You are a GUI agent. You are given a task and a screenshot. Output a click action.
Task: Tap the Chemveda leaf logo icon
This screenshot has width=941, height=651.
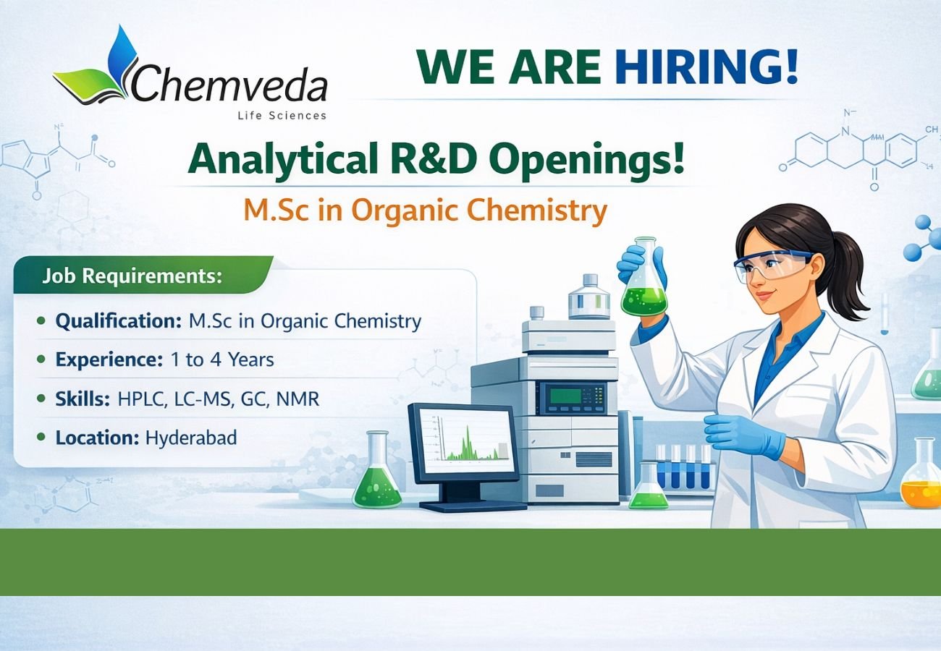[98, 69]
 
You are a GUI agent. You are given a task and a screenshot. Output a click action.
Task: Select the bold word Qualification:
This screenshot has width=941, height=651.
[118, 320]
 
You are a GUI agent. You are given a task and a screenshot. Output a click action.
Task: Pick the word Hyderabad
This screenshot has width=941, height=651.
[191, 438]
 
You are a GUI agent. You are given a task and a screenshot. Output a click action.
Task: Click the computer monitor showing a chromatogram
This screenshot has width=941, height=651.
[464, 442]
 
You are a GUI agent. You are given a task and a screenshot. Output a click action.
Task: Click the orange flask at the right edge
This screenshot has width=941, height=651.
[920, 477]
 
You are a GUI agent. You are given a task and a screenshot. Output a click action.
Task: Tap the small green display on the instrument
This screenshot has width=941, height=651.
[565, 396]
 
